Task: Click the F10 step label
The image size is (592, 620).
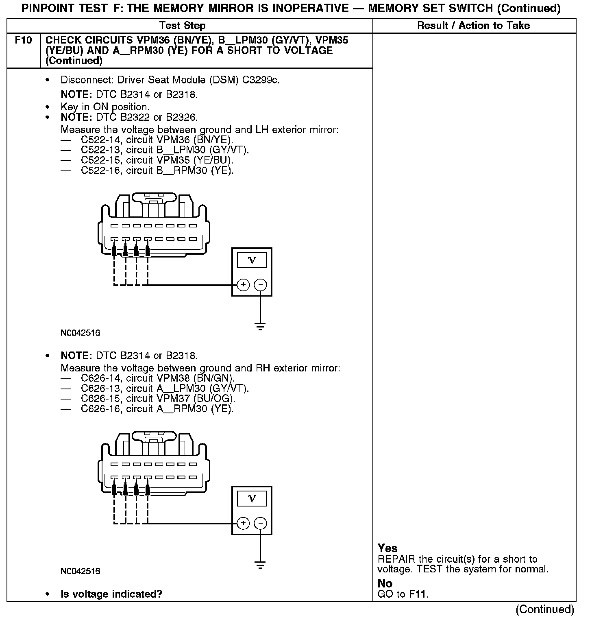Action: (23, 41)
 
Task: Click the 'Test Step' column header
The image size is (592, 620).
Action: (183, 26)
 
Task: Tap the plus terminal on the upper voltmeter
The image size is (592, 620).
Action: (243, 285)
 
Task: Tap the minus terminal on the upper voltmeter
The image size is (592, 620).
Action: (261, 285)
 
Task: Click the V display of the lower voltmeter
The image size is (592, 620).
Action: (252, 498)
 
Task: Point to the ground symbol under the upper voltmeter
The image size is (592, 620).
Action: (260, 326)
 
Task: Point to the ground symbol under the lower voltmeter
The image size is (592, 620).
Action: (260, 565)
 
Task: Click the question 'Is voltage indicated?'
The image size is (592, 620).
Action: (111, 594)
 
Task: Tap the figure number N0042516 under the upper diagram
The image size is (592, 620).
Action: (80, 333)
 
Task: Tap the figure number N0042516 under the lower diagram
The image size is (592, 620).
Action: (80, 571)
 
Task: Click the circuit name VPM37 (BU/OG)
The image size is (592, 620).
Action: (196, 398)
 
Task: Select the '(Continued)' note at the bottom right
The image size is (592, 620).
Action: (545, 609)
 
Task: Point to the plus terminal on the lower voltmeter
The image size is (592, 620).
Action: (243, 523)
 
